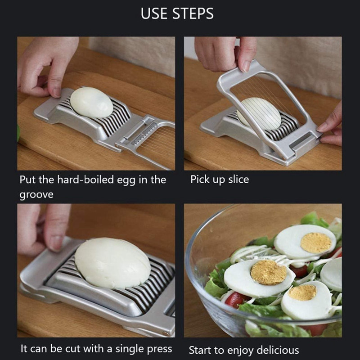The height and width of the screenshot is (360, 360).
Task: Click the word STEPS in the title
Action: [x=193, y=13]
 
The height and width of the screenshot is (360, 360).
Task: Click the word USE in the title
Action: [x=154, y=13]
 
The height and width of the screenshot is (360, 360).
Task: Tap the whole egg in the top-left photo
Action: [x=91, y=102]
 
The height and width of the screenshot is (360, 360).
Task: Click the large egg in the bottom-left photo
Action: [x=112, y=263]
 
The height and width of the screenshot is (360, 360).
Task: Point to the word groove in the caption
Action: [x=36, y=195]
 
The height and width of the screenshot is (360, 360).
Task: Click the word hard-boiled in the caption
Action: [x=85, y=180]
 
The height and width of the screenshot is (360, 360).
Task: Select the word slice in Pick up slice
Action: [x=238, y=179]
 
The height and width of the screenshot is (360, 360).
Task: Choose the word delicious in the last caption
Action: [x=278, y=350]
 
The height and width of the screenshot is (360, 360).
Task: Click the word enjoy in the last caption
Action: [x=241, y=351]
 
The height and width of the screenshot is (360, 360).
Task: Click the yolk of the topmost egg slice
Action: [x=316, y=243]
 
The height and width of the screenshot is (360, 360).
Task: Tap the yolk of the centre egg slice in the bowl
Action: [x=268, y=272]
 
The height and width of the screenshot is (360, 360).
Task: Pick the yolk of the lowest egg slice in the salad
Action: [x=302, y=292]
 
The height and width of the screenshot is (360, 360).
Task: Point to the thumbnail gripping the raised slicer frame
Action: [x=246, y=66]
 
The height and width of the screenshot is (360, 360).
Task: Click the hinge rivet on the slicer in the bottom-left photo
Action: [x=165, y=333]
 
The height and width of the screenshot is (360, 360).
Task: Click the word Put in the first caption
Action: [x=28, y=180]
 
